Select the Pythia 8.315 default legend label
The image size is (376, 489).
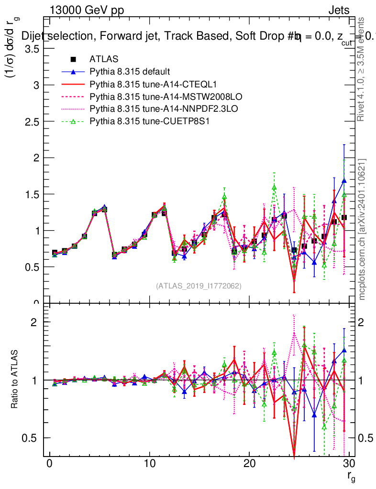click(x=130, y=72)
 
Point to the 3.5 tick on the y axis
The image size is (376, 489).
click(x=32, y=49)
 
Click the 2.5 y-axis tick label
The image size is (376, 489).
click(x=32, y=121)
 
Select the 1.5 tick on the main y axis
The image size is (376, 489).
click(x=32, y=194)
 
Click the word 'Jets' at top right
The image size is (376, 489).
click(x=338, y=10)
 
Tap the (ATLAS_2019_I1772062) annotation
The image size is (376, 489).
click(x=199, y=286)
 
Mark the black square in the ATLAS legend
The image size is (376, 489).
click(x=73, y=59)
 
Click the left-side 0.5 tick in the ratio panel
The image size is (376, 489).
click(x=33, y=438)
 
